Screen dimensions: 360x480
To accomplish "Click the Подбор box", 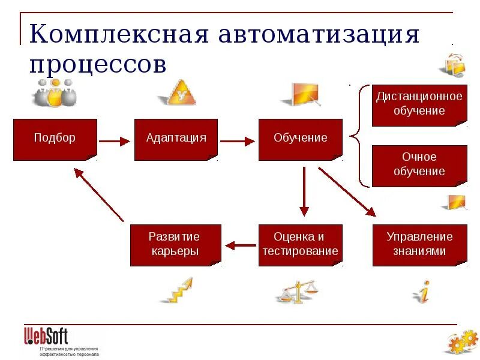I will click(x=55, y=139).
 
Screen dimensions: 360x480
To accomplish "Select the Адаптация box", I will click(x=176, y=139).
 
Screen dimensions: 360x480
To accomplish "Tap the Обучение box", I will click(x=300, y=139).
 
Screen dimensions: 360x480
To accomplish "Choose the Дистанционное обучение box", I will click(x=419, y=104).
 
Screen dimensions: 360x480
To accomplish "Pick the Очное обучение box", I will click(x=419, y=165).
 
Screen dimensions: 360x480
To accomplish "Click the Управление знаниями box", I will click(x=419, y=245).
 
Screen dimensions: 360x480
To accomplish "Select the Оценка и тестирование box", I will click(x=300, y=245).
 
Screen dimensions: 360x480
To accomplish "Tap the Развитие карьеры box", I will click(x=175, y=245).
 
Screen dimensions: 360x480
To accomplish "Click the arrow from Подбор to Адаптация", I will click(x=114, y=142).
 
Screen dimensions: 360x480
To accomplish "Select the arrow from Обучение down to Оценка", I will click(x=304, y=191).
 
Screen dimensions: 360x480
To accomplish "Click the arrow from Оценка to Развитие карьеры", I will click(x=240, y=245).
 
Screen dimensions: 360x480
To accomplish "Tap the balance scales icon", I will click(x=298, y=292).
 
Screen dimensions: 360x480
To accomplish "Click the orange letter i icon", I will click(x=424, y=292).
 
